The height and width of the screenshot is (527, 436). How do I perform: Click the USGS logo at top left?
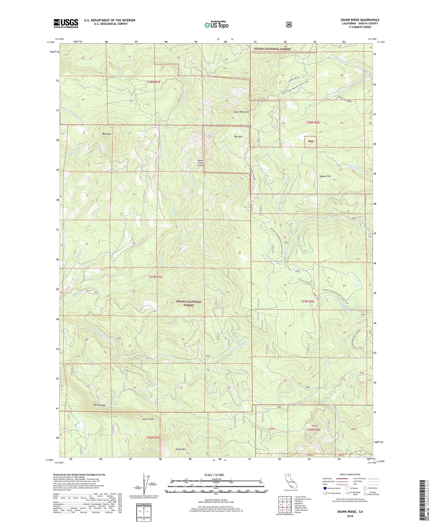point(66,23)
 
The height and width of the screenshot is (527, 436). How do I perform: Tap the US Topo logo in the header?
point(216,25)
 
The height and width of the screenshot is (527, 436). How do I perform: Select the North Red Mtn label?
point(241,112)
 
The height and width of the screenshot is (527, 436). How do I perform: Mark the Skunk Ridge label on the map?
point(99,405)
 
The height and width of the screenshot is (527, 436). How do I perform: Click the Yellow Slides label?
point(148,419)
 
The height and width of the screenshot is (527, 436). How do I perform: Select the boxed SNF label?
point(310,142)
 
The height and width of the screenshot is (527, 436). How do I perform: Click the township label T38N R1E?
point(154,82)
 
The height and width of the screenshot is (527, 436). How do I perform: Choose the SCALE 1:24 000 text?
point(214,475)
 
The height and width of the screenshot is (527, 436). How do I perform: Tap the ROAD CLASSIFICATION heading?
point(350,474)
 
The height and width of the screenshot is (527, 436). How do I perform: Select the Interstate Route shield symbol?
point(325,488)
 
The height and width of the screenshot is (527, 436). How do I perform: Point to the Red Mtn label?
point(238,137)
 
